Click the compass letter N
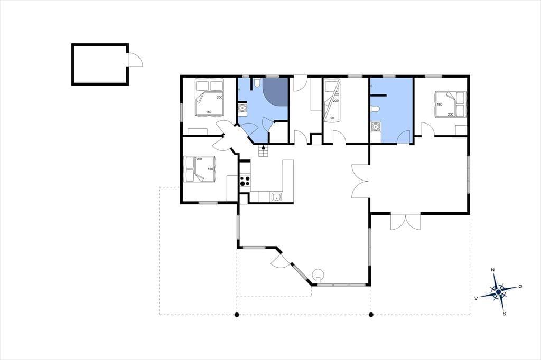pos(493,270)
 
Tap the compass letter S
pos(505,314)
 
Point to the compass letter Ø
pos(520,287)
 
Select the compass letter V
pos(476,298)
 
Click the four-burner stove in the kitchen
pos(245,181)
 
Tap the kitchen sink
pos(277,197)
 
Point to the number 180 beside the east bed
pos(440,104)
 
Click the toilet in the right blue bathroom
pos(375,109)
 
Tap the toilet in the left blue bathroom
pos(256,82)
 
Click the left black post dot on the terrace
pos(237,315)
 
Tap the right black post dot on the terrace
pos(371,315)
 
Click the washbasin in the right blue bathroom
pos(376,127)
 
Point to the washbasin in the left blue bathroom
pos(242,108)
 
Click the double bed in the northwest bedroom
pos(210,97)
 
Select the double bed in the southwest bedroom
pos(200,169)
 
